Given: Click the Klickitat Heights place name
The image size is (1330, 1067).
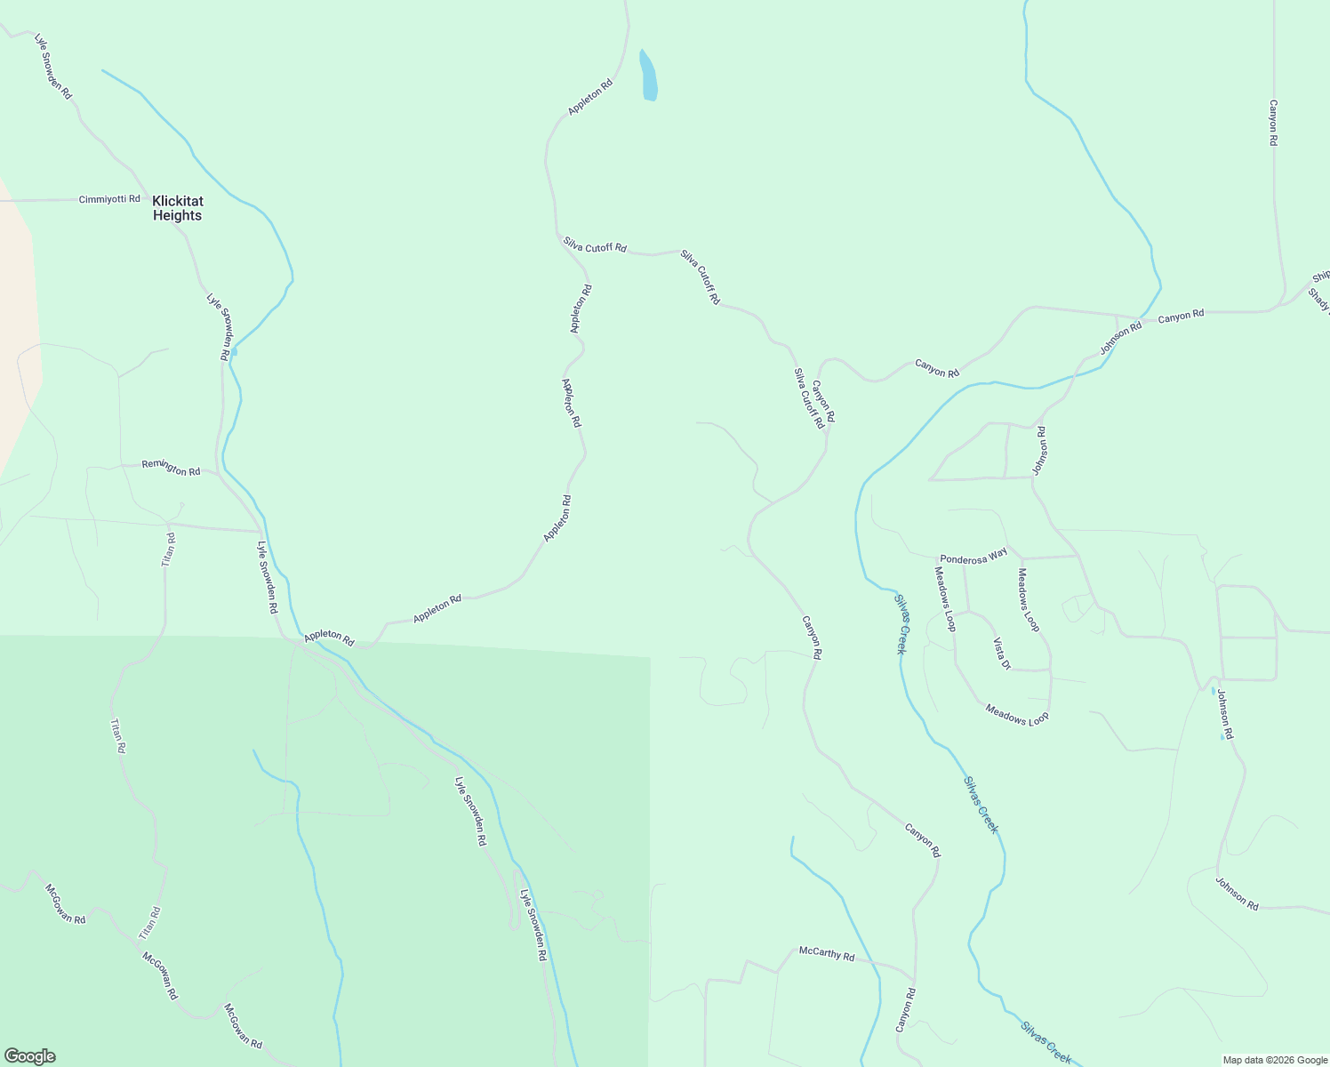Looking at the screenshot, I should [177, 208].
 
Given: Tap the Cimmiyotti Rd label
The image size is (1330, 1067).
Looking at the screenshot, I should [109, 199].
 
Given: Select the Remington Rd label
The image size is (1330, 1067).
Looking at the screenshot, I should [171, 468].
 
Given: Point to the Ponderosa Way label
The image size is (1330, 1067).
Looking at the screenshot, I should [973, 555].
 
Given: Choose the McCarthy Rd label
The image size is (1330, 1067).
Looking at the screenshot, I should [826, 955].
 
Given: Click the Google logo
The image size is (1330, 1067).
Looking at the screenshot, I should [29, 1056].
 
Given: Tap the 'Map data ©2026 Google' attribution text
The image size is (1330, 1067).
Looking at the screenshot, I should [1274, 1060].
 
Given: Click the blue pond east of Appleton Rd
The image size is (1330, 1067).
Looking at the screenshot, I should [649, 76].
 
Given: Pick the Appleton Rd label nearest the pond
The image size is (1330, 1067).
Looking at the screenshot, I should [590, 98].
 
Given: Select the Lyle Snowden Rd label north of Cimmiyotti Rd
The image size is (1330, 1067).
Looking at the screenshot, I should [52, 67].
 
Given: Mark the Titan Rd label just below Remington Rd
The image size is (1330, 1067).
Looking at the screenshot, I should [168, 550].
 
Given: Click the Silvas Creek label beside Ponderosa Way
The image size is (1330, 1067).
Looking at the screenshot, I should [901, 623].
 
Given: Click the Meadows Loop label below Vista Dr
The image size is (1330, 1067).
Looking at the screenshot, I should [1016, 713].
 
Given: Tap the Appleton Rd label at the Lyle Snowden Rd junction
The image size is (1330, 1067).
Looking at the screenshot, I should [329, 638].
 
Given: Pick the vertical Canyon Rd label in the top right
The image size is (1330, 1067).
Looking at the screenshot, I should [1273, 123].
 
